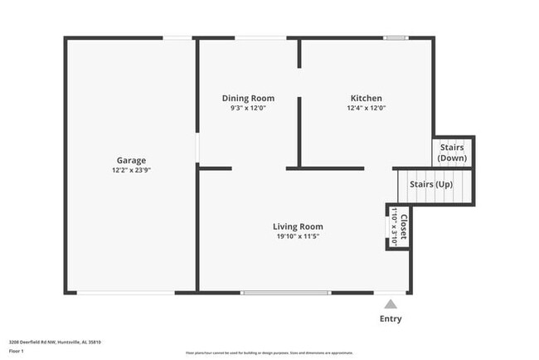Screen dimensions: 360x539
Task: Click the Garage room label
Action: (131, 160)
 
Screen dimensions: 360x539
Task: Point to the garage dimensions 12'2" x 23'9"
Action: (131, 170)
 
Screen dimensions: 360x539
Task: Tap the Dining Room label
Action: (248, 98)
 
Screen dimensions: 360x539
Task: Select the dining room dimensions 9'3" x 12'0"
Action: (248, 108)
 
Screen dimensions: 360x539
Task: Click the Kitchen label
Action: (366, 98)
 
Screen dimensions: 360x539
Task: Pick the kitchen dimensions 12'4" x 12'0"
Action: (366, 108)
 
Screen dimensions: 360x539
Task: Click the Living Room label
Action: (299, 226)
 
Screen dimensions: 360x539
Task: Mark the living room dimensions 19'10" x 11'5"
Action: (299, 236)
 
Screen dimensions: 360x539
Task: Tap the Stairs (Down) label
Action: (453, 153)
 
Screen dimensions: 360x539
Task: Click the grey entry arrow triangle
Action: (391, 304)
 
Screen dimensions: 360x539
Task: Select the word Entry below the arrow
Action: (391, 319)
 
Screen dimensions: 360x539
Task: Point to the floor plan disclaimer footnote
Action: (269, 352)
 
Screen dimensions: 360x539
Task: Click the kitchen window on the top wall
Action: (396, 37)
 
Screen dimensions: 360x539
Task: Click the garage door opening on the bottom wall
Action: (126, 292)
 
